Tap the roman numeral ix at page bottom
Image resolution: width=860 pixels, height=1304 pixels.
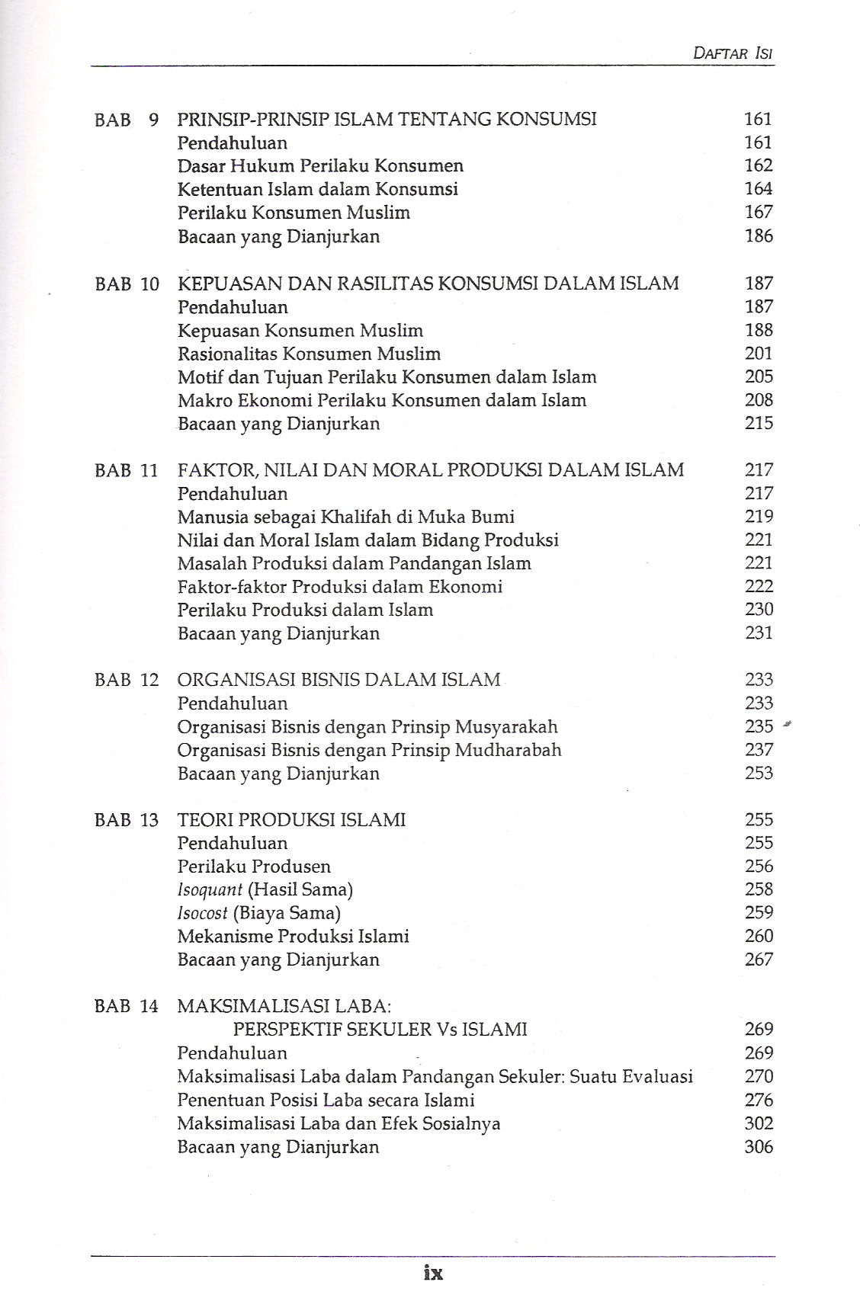(x=432, y=1272)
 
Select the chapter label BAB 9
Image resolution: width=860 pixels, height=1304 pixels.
(x=127, y=119)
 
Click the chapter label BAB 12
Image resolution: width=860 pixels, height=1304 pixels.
(x=127, y=679)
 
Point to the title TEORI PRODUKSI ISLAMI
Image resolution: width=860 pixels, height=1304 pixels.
(x=291, y=819)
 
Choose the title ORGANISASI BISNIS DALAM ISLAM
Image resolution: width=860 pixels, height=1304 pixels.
(x=339, y=679)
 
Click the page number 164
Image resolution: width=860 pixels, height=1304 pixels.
(x=759, y=188)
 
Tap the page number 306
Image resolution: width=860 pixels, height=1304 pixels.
(x=759, y=1146)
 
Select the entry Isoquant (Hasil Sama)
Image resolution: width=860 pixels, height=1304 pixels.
(x=265, y=889)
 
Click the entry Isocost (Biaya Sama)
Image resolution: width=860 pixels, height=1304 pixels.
(x=258, y=912)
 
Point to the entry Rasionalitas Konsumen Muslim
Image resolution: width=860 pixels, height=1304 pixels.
(x=309, y=354)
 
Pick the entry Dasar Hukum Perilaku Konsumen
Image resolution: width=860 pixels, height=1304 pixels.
(x=320, y=165)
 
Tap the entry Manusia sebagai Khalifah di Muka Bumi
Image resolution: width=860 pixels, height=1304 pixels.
(x=345, y=517)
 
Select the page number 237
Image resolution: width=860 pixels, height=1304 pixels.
(x=759, y=749)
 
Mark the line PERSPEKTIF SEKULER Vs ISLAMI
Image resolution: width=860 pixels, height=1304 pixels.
(x=380, y=1029)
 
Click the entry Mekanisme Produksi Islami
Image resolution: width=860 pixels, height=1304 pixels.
(x=293, y=936)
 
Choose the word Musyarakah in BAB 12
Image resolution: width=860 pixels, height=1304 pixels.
(x=506, y=726)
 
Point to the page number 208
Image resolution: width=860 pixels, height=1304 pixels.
(x=759, y=400)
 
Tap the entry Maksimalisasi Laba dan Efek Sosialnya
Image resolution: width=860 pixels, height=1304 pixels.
(x=339, y=1123)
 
